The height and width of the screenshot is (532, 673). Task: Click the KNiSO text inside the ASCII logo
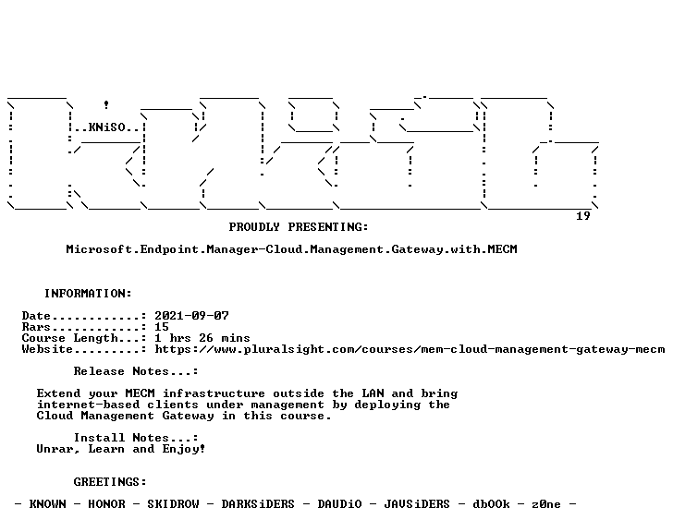107,127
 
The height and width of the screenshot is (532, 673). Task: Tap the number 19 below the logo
583,215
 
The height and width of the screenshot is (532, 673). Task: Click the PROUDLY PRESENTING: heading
299,227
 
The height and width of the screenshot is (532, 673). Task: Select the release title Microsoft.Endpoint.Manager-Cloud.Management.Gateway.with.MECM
291,249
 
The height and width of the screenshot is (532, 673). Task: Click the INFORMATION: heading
88,293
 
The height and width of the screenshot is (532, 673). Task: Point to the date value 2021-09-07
192,316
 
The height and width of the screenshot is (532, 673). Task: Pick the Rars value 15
162,327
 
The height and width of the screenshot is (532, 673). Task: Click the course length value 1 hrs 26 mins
202,338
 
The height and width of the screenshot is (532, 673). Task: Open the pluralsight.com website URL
410,349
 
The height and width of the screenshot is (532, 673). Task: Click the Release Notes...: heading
136,371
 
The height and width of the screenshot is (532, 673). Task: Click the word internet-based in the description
89,405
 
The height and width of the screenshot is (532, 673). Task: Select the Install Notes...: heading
136,438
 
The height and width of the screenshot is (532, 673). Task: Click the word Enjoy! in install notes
184,449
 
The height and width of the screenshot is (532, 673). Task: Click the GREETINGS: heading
110,482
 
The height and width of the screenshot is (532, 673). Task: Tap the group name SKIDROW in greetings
173,504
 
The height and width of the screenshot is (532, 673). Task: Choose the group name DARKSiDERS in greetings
258,504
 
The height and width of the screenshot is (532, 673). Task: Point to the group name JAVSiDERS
417,504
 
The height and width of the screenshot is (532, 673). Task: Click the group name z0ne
546,504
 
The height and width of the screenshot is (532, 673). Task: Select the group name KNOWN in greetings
48,504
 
